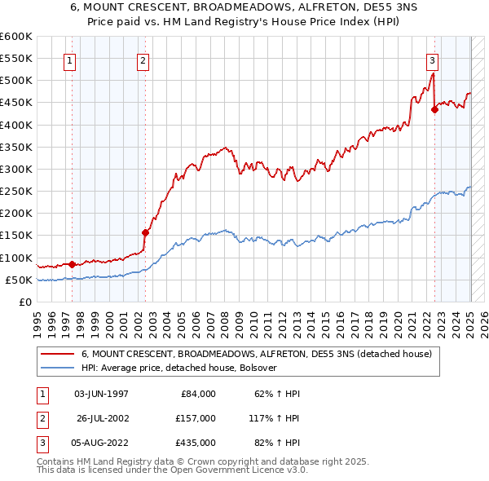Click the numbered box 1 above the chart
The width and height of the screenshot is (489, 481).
pyautogui.click(x=70, y=60)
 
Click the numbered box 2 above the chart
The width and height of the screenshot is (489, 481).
pyautogui.click(x=143, y=60)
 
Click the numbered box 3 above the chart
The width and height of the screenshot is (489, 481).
pyautogui.click(x=432, y=60)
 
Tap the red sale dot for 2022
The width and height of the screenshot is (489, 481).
pyautogui.click(x=434, y=110)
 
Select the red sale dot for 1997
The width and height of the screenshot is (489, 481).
pyautogui.click(x=72, y=264)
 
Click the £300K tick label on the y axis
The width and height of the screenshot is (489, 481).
pyautogui.click(x=16, y=169)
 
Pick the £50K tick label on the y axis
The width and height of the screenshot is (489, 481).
pyautogui.click(x=19, y=280)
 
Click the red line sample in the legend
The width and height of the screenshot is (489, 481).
pyautogui.click(x=58, y=354)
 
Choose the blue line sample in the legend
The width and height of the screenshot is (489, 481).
pyautogui.click(x=58, y=368)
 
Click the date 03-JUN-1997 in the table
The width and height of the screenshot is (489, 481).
pyautogui.click(x=101, y=394)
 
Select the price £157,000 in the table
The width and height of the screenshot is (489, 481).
pyautogui.click(x=196, y=418)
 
